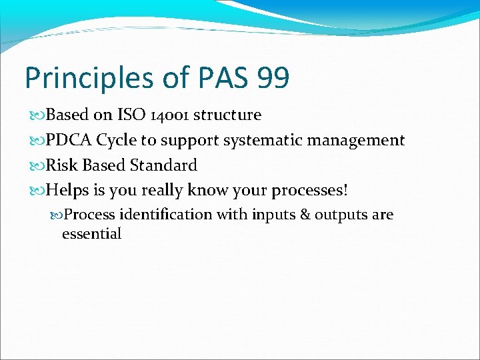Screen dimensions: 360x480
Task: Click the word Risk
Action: coord(63,165)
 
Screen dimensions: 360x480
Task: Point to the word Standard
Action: coord(164,165)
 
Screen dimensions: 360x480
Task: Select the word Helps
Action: coord(68,190)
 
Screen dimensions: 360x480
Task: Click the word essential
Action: coord(91,233)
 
